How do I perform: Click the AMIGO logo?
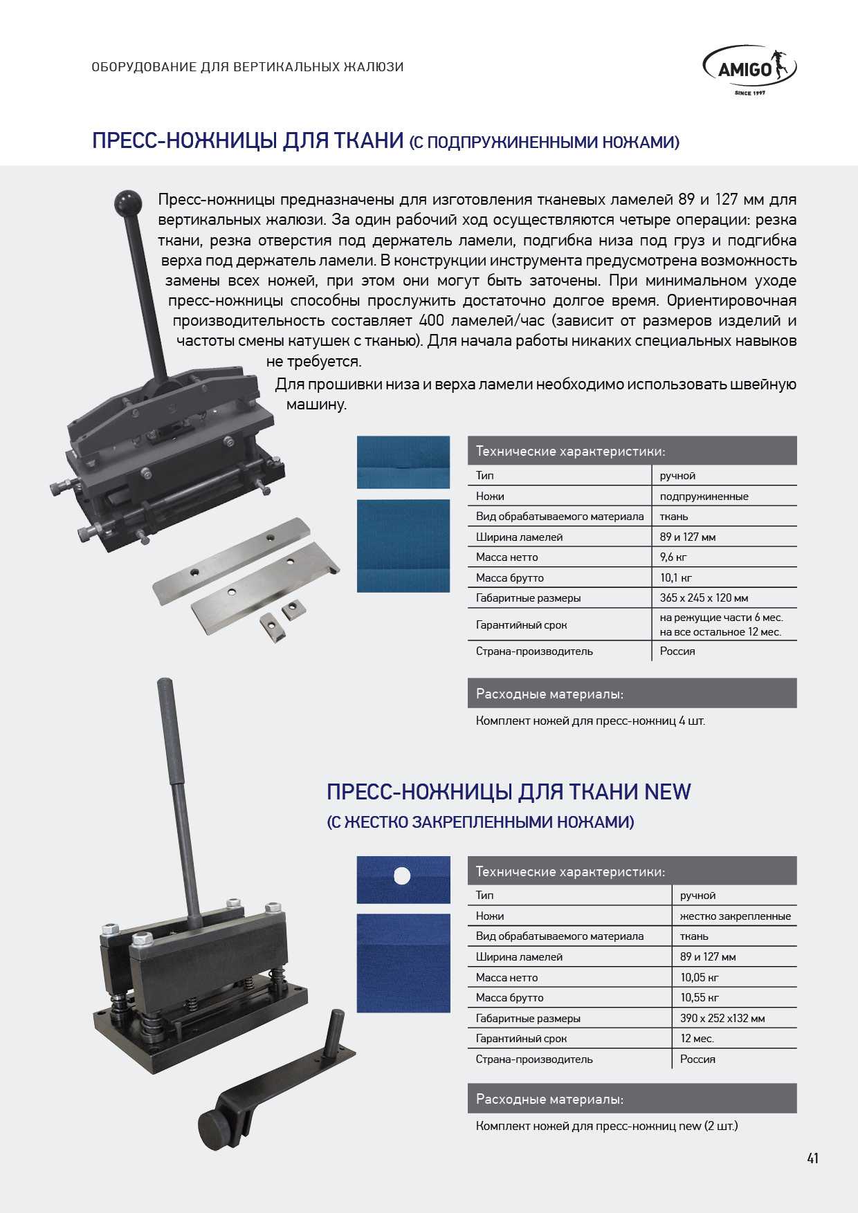749,69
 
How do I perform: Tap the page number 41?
812,1158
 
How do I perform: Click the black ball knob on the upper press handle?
127,203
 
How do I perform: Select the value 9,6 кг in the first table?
673,557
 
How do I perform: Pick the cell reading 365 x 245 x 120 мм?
704,598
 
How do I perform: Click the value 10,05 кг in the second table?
699,977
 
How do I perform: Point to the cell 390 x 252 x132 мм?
722,1018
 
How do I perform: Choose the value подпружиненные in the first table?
704,497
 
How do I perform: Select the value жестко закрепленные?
736,916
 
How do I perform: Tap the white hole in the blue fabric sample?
402,876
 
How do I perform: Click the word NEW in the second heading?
668,792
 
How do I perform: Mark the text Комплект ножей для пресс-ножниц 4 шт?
590,721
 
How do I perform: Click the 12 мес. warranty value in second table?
697,1038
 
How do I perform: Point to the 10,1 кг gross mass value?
675,577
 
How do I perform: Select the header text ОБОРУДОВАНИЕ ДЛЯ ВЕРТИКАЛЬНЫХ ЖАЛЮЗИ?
248,67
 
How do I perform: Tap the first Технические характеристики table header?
632,451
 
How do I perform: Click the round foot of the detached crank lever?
213,1130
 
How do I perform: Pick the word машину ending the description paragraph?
316,405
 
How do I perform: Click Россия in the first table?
677,651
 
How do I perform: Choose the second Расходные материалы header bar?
632,1099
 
